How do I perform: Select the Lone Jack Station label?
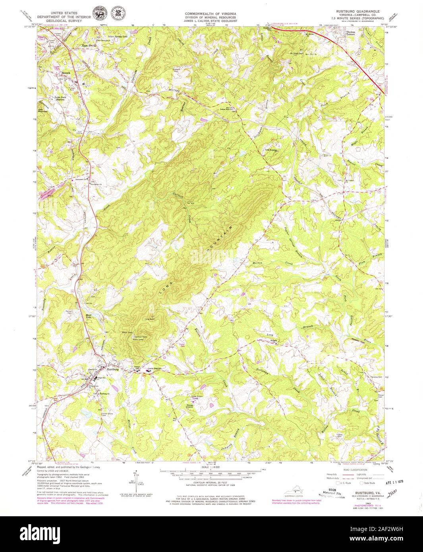click(60, 98)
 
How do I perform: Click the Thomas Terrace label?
click(351, 33)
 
